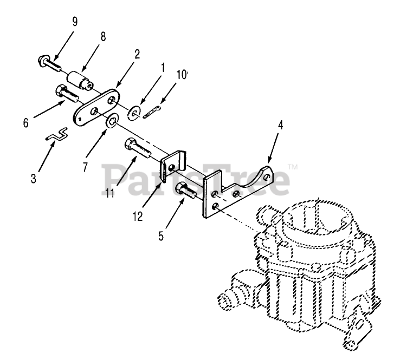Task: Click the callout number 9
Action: click(x=75, y=22)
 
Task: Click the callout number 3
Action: click(x=34, y=177)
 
